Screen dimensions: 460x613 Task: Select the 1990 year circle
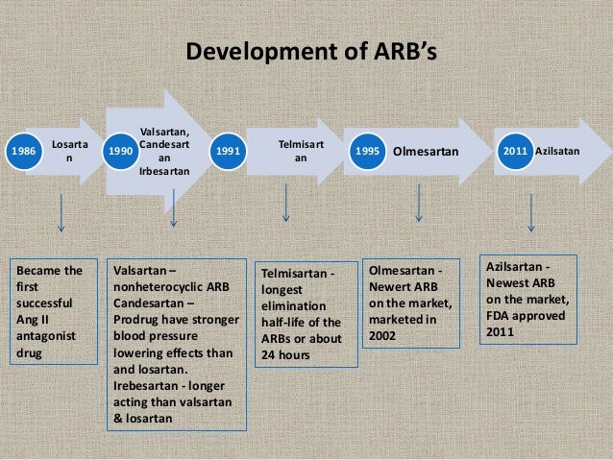120,152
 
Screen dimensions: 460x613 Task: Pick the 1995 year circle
366,152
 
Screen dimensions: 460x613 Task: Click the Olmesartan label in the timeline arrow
426,152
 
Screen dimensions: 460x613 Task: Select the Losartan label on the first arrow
68,152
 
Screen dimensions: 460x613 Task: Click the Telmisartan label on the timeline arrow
301,151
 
